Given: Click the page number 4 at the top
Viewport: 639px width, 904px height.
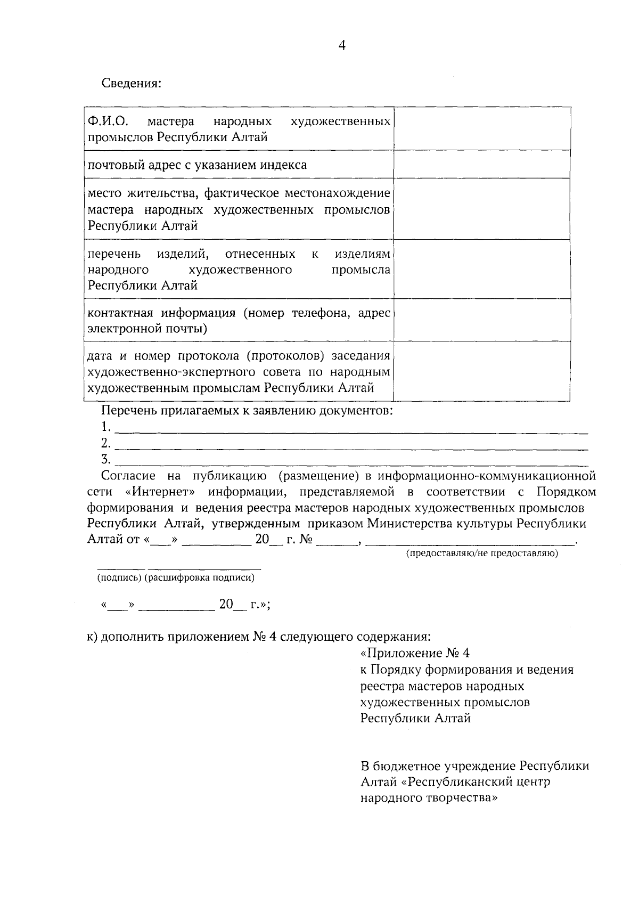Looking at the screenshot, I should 342,46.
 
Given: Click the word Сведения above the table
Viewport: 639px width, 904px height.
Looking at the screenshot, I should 131,84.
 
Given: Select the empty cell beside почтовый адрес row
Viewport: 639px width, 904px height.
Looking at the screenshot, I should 482,164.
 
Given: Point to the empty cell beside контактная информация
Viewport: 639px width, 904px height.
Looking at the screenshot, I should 482,320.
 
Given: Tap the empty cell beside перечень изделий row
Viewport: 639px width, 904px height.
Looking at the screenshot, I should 482,269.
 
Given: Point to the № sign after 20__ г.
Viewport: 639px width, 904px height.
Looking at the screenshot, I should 305,540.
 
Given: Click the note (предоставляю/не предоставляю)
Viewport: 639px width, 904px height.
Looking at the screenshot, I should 482,554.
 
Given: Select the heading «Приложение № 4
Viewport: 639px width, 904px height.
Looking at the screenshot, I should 415,653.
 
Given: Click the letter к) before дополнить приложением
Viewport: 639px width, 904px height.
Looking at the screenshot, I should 92,637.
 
